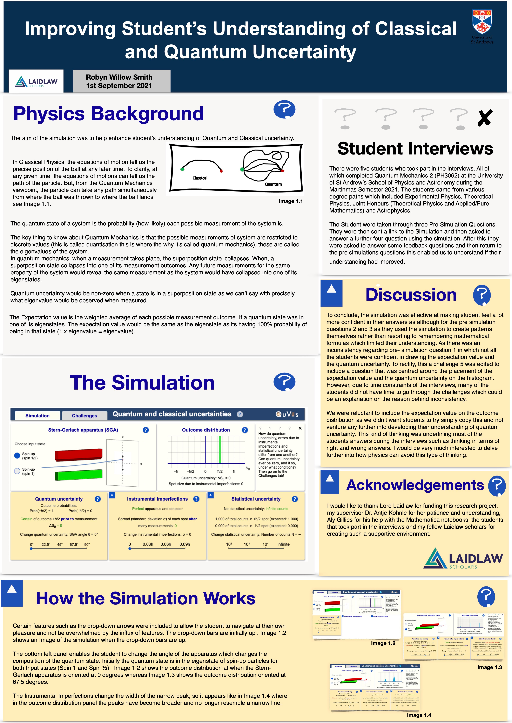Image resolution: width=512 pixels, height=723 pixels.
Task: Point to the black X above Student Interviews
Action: pyautogui.click(x=485, y=118)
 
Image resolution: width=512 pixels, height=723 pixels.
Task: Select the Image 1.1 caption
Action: pyautogui.click(x=290, y=201)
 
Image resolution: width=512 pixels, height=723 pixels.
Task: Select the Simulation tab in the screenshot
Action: pyautogui.click(x=38, y=416)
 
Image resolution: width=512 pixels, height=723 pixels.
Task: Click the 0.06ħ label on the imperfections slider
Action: pyautogui.click(x=166, y=544)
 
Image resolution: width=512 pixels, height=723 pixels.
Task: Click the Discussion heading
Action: pyautogui.click(x=411, y=295)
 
